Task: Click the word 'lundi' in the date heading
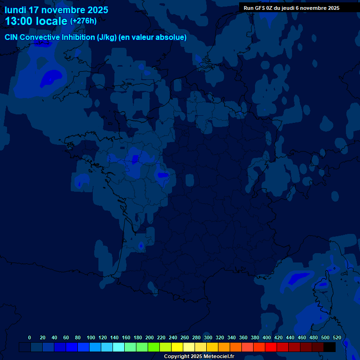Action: pyautogui.click(x=15, y=10)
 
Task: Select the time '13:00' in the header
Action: pyautogui.click(x=19, y=21)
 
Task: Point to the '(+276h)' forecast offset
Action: pyautogui.click(x=83, y=21)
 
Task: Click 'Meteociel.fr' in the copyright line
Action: pyautogui.click(x=219, y=357)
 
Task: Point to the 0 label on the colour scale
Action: pyautogui.click(x=30, y=337)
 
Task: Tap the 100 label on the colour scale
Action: pyautogui.click(x=91, y=337)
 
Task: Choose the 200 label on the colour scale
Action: pyautogui.click(x=150, y=337)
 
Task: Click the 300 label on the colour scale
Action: pyautogui.click(x=208, y=337)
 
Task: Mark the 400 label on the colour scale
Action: pyautogui.click(x=267, y=337)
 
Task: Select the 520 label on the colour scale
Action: pyautogui.click(x=337, y=337)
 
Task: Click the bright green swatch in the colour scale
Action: pyautogui.click(x=154, y=347)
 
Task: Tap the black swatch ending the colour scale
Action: pyautogui.click(x=330, y=347)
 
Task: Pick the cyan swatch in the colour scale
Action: pyautogui.click(x=119, y=347)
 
